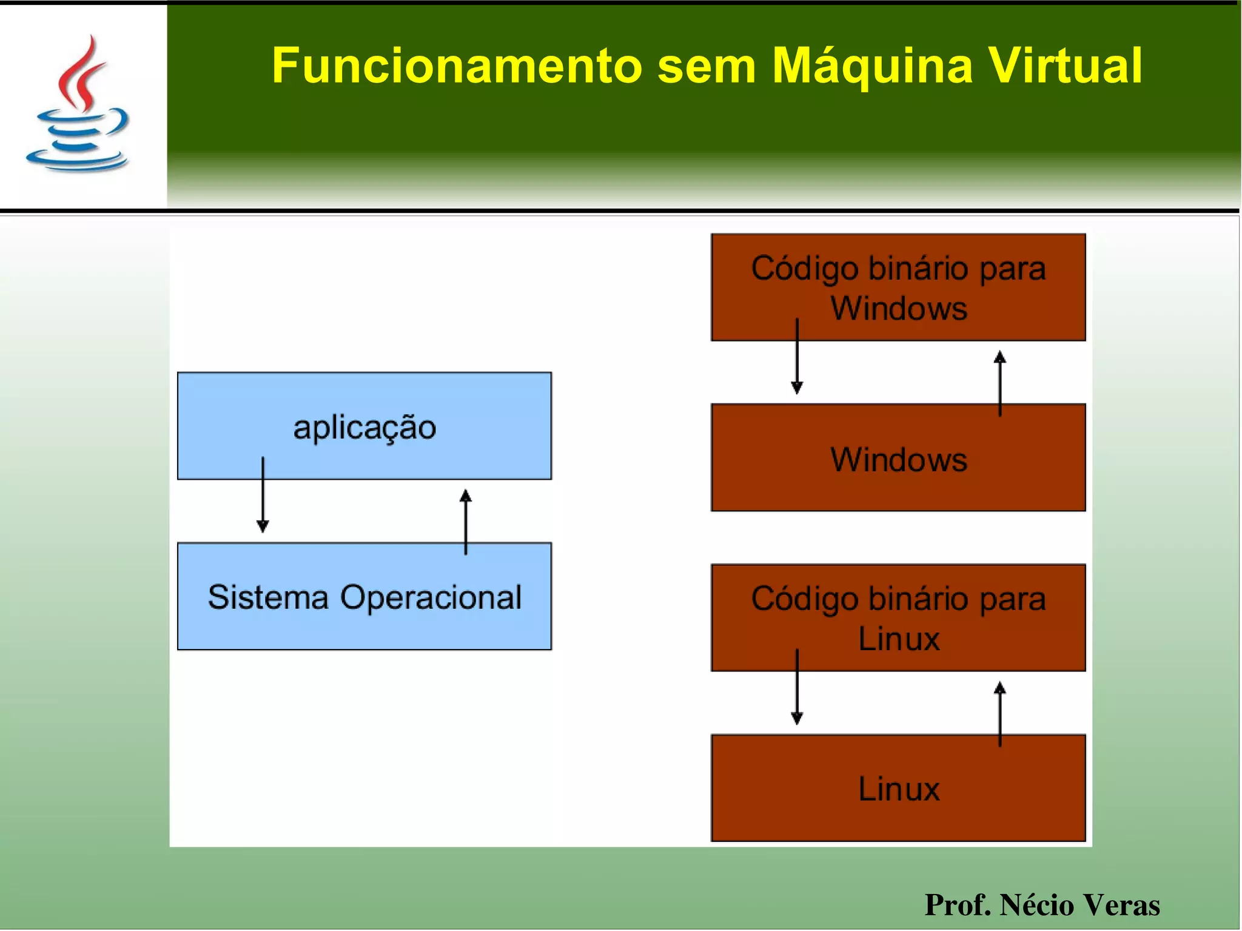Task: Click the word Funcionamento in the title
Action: pyautogui.click(x=456, y=66)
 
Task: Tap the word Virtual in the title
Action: pyautogui.click(x=1066, y=66)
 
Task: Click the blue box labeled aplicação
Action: pyautogui.click(x=364, y=426)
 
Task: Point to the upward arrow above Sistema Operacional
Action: pyautogui.click(x=466, y=522)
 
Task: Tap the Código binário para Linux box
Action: pyautogui.click(x=898, y=617)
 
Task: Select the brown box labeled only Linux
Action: pyautogui.click(x=898, y=788)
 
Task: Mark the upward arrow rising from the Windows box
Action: pyautogui.click(x=1000, y=382)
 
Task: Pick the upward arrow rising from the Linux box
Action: pyautogui.click(x=1000, y=713)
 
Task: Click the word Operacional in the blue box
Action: pyautogui.click(x=431, y=597)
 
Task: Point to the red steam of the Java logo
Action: pyautogui.click(x=82, y=70)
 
